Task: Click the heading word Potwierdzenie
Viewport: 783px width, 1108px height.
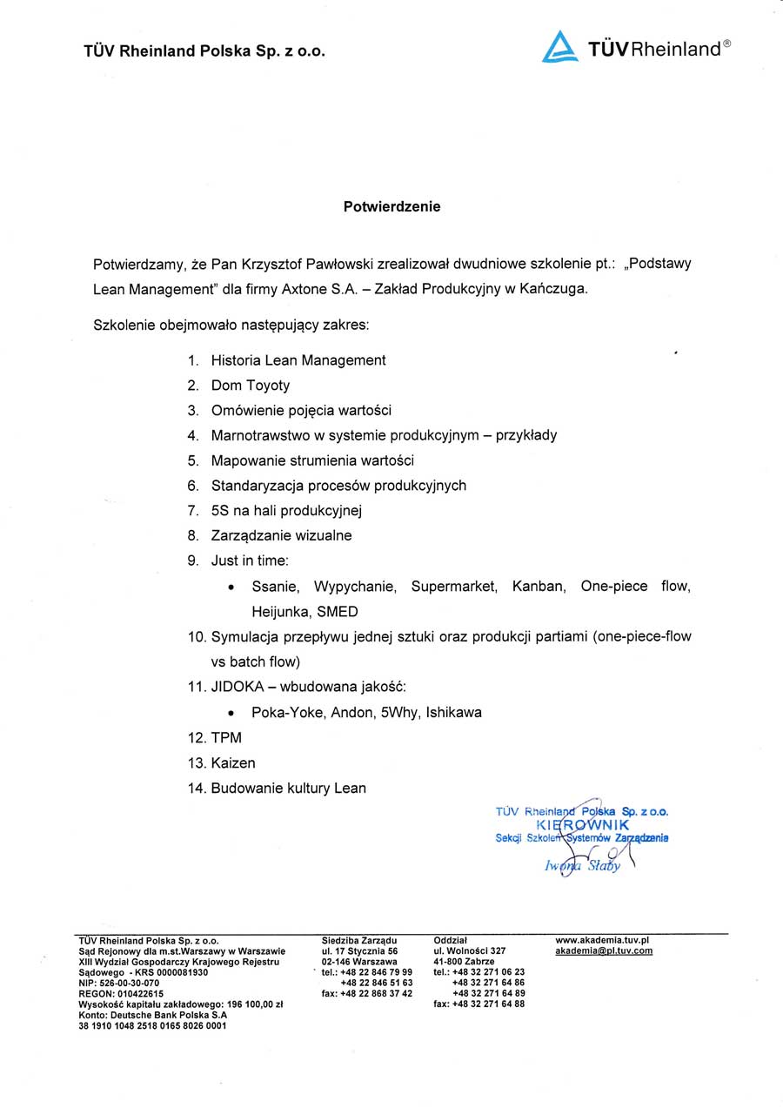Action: pyautogui.click(x=391, y=206)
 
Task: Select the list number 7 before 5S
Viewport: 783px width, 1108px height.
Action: pyautogui.click(x=192, y=510)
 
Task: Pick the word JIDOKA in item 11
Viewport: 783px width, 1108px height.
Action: pyautogui.click(x=236, y=687)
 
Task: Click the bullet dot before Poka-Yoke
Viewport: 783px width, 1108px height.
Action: pyautogui.click(x=231, y=713)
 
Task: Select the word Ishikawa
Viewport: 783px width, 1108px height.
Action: pyautogui.click(x=453, y=712)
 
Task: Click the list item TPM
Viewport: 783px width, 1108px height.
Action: pyautogui.click(x=226, y=737)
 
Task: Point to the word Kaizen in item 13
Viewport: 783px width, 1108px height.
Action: pyautogui.click(x=233, y=762)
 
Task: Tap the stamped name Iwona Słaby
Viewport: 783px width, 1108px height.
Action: pyautogui.click(x=582, y=865)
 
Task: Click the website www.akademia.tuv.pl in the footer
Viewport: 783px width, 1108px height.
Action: pyautogui.click(x=602, y=940)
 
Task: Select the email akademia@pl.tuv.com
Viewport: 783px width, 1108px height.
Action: pyautogui.click(x=603, y=950)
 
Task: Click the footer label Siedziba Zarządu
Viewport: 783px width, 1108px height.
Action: pyautogui.click(x=359, y=940)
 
